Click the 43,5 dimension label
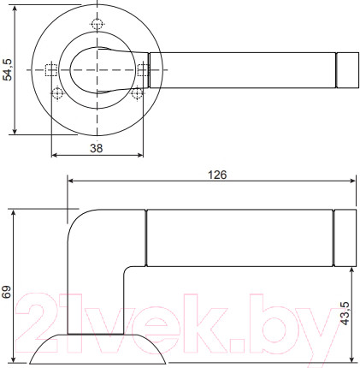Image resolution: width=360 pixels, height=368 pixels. [344, 317]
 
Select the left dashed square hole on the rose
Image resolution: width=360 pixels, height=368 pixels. [50, 69]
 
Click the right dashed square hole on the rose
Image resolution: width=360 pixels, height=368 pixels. [144, 69]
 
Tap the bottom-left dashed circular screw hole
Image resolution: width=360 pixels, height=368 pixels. [57, 92]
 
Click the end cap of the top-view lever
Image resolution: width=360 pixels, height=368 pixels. [346, 69]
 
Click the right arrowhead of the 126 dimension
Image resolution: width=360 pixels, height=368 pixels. [353, 181]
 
